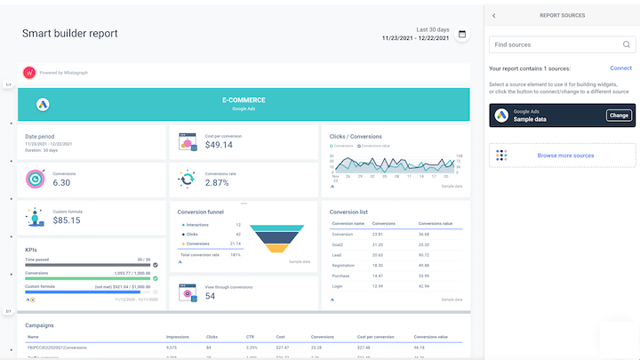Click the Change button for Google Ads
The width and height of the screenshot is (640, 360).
[619, 116]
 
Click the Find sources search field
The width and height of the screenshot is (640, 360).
[556, 44]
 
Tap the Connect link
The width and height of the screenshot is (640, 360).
[620, 68]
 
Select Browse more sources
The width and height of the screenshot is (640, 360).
[564, 156]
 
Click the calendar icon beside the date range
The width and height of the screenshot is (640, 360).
[462, 34]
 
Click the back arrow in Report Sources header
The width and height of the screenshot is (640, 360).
[494, 16]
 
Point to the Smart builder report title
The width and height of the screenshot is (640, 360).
[70, 34]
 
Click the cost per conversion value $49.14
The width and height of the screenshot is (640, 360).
[219, 145]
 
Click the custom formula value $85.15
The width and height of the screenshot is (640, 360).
[67, 220]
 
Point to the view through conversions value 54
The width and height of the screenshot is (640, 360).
[211, 296]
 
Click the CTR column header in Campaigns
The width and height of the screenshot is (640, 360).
[250, 337]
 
